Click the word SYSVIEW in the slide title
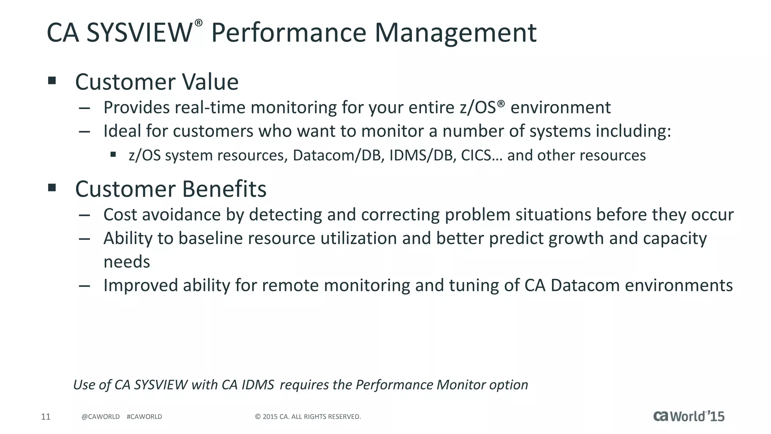coord(139,33)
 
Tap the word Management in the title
coord(455,33)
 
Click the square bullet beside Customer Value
coord(52,80)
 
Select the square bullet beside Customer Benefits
coord(52,187)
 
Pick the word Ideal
coord(122,131)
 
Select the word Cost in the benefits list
coord(120,215)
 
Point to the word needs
coord(126,262)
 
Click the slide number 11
coord(46,417)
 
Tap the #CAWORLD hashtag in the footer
coord(145,417)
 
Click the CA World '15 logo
coord(689,416)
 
